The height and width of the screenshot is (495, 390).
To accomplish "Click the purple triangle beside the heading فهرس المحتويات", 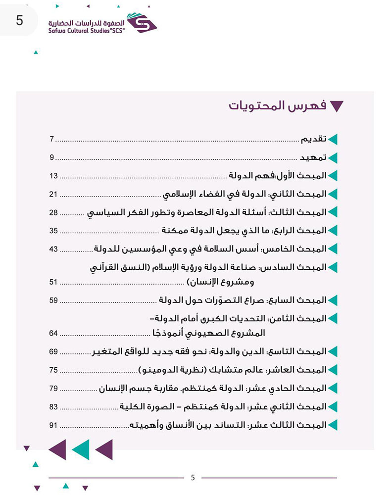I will [x=337, y=106].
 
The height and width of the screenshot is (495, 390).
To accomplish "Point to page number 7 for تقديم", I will [x=51, y=140].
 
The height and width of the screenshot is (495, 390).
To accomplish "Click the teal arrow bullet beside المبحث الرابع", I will [x=333, y=230].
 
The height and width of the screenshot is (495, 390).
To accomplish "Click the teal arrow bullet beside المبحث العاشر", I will [x=333, y=370].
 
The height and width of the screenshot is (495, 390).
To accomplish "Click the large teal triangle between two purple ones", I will [x=81, y=449].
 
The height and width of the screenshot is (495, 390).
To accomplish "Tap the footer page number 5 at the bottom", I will [x=193, y=478].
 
